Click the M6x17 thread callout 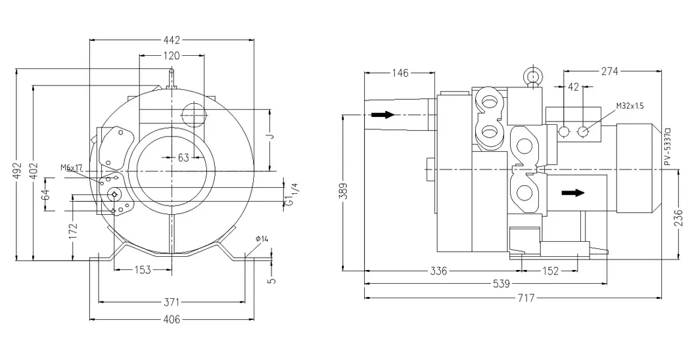point(72,168)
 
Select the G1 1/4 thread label point(290,194)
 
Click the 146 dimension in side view point(399,72)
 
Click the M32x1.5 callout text point(630,106)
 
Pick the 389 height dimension point(344,191)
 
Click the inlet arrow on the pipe point(383,115)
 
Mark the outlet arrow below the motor point(572,192)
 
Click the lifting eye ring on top point(530,77)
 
